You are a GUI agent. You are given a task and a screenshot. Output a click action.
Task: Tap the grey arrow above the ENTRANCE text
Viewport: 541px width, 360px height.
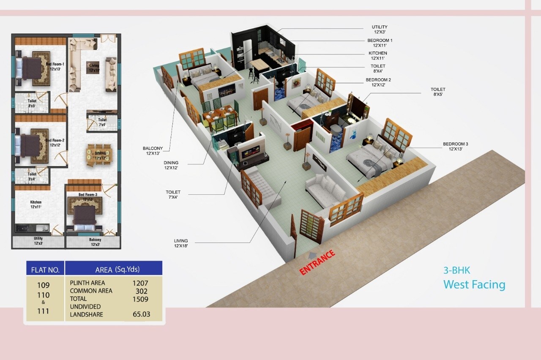(313, 253)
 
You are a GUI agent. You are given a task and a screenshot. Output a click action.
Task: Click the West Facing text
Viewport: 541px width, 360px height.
(474, 284)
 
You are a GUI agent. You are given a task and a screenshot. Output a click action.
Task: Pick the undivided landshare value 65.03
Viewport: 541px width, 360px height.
(141, 314)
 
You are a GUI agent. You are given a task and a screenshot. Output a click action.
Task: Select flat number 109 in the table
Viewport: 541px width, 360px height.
(43, 285)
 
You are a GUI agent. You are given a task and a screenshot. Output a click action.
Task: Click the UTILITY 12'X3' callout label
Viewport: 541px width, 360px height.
(380, 30)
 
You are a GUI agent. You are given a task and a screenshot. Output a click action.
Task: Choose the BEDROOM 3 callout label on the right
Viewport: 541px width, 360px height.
(455, 147)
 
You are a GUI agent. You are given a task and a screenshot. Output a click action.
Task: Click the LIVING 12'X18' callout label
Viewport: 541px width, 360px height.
(180, 243)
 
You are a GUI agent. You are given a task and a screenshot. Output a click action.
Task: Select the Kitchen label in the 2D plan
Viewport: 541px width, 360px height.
(36, 205)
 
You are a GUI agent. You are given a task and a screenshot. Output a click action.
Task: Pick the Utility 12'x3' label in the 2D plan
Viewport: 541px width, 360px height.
(38, 241)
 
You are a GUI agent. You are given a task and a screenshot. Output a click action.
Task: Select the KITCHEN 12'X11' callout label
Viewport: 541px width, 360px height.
(378, 56)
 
